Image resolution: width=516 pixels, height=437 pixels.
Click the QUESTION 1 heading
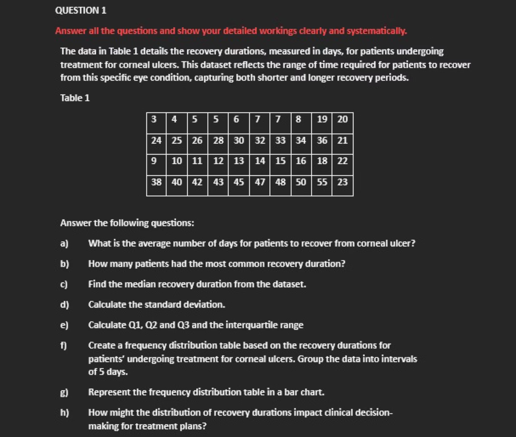(x=81, y=10)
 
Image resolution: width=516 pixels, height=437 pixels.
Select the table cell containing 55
(x=322, y=182)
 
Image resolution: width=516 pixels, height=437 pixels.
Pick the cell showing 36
(x=322, y=141)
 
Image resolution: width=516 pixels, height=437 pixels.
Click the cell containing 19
(x=322, y=119)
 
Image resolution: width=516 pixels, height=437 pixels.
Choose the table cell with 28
(x=218, y=141)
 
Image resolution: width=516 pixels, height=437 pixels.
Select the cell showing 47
(x=260, y=182)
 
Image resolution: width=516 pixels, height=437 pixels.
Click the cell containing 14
(x=260, y=161)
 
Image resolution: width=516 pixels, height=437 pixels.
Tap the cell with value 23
(x=342, y=182)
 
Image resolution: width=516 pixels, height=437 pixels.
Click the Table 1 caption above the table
(x=75, y=98)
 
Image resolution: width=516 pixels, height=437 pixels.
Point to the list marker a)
(x=64, y=243)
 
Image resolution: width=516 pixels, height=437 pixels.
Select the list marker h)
(x=65, y=413)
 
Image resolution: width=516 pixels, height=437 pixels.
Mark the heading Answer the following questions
(x=127, y=223)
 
